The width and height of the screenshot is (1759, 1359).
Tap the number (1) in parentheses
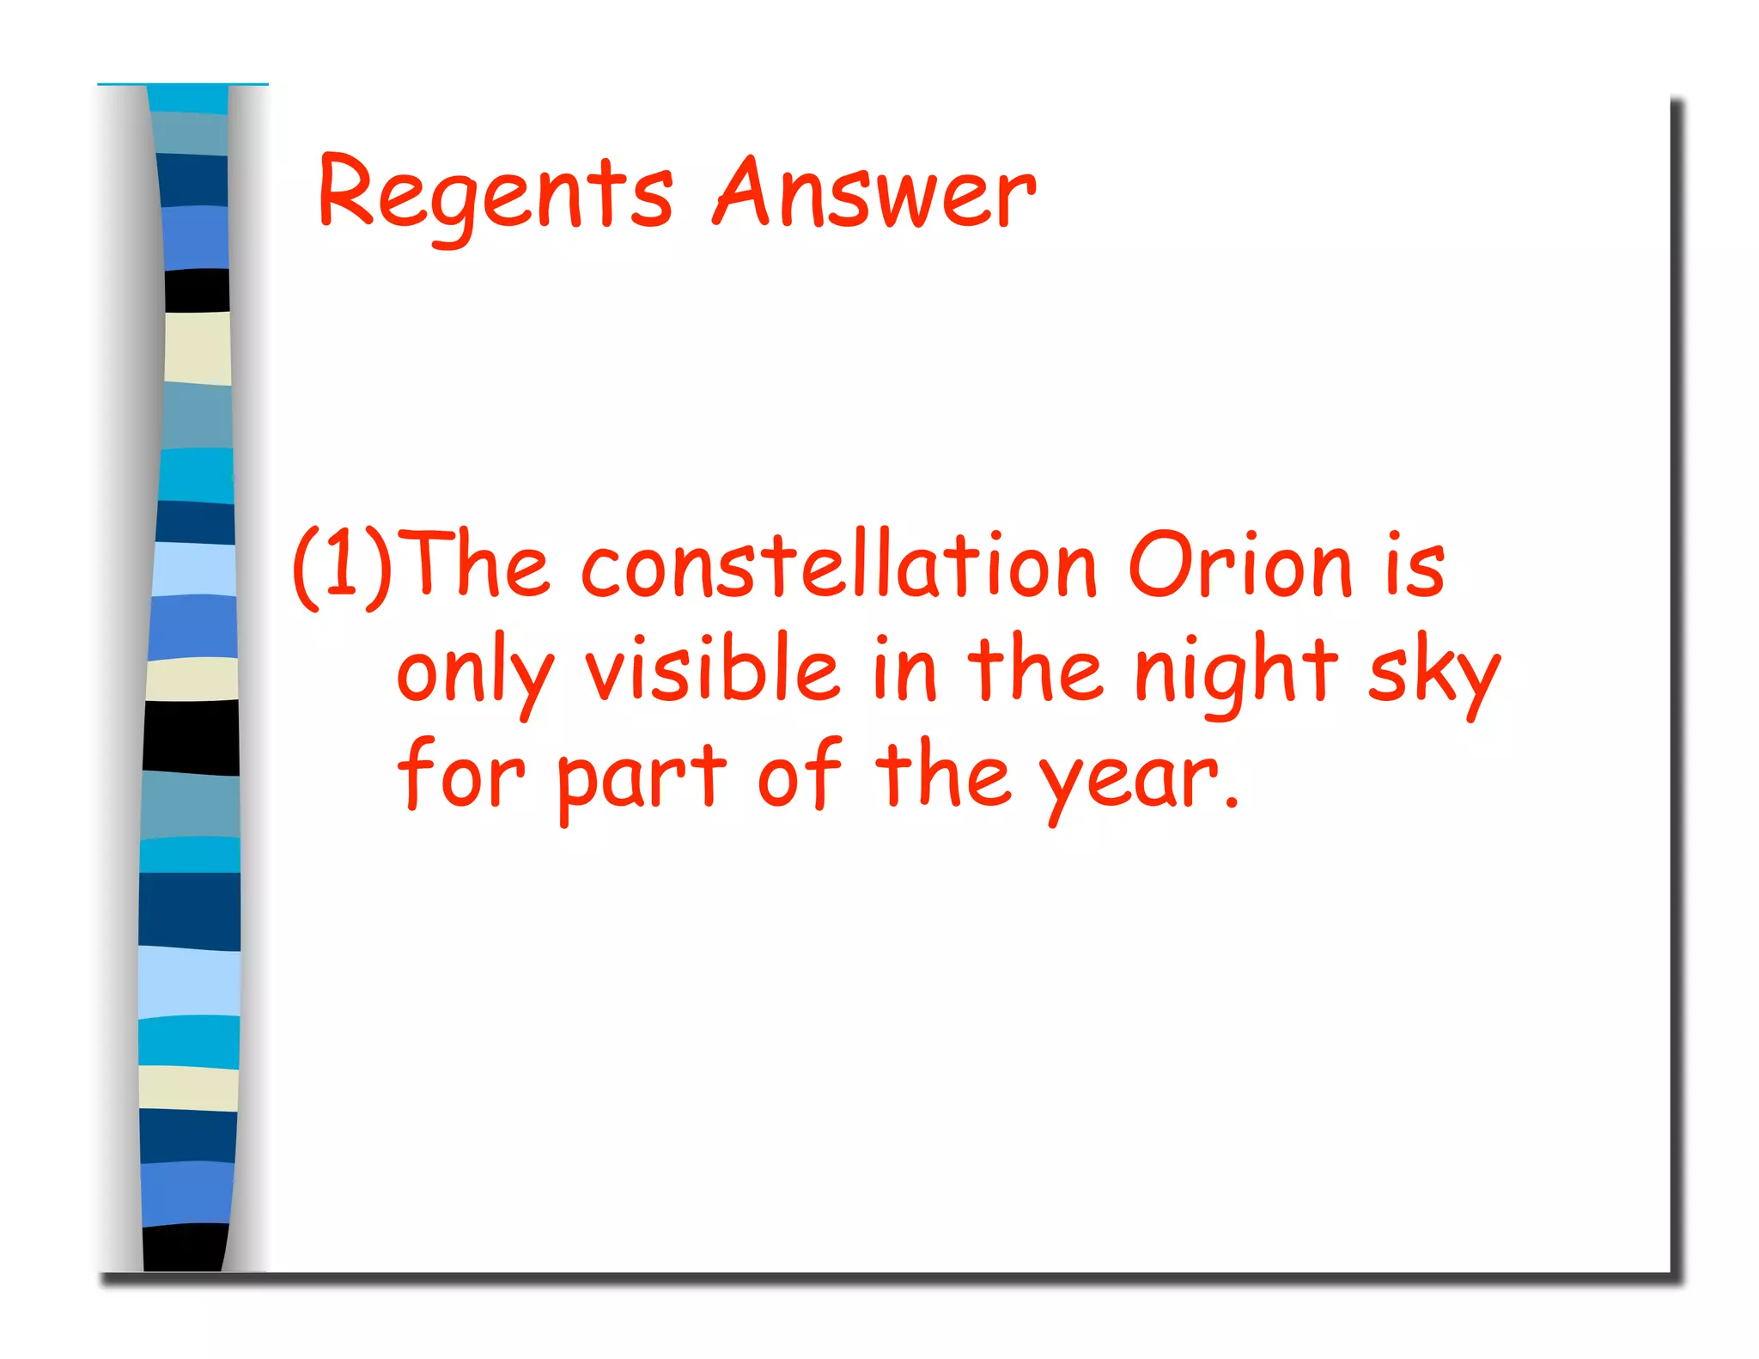[342, 567]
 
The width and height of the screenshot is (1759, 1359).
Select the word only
[475, 674]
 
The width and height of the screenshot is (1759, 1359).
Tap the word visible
[712, 670]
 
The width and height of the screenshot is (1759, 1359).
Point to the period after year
[1232, 803]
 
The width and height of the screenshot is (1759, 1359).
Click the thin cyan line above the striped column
[182, 84]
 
